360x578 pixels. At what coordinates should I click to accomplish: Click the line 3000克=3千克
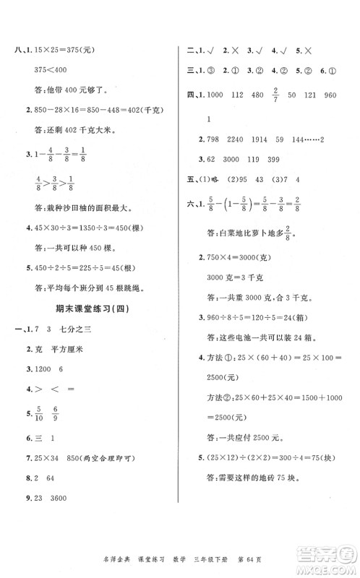tap(235, 274)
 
